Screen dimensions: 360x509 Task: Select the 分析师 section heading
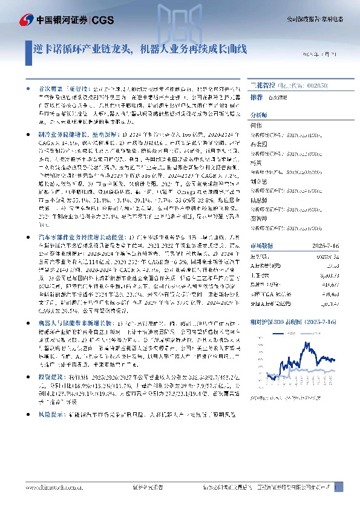tap(258, 113)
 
